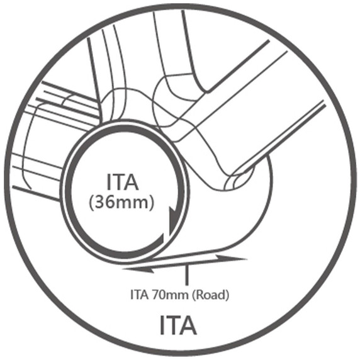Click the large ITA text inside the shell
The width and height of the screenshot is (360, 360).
123,182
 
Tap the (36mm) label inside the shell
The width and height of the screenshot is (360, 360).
121,203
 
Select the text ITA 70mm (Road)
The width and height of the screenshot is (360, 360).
180,295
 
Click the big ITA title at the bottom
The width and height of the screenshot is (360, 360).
178,325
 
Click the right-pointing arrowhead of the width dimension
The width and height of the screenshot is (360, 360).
232,258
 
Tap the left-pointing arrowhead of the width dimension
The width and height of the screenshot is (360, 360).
138,269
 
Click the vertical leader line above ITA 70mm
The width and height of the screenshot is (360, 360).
187,275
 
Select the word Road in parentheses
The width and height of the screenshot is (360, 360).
210,295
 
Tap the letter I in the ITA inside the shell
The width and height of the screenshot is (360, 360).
108,182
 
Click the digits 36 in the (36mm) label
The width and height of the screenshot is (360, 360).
103,202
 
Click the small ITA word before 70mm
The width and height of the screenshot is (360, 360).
139,295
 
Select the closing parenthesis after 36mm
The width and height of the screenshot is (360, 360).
151,203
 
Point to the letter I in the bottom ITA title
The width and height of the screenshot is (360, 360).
162,325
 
